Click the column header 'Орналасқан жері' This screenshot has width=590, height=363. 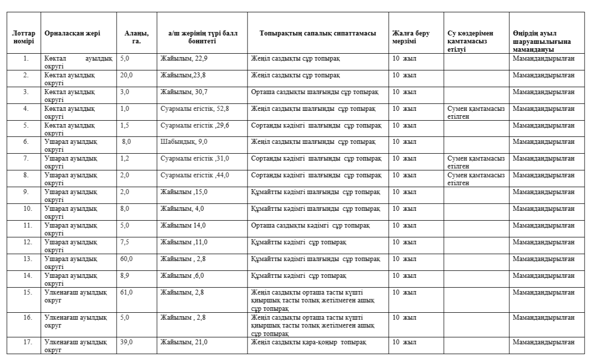coord(72,33)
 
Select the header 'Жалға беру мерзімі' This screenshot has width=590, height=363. coord(411,37)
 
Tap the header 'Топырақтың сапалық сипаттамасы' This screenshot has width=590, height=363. coord(318,33)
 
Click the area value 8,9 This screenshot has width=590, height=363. coord(125,275)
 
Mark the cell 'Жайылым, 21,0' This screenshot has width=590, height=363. coord(182,342)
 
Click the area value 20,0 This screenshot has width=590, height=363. coord(126,75)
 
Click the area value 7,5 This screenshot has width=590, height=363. coord(125,242)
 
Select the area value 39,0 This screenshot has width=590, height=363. coord(126,342)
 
